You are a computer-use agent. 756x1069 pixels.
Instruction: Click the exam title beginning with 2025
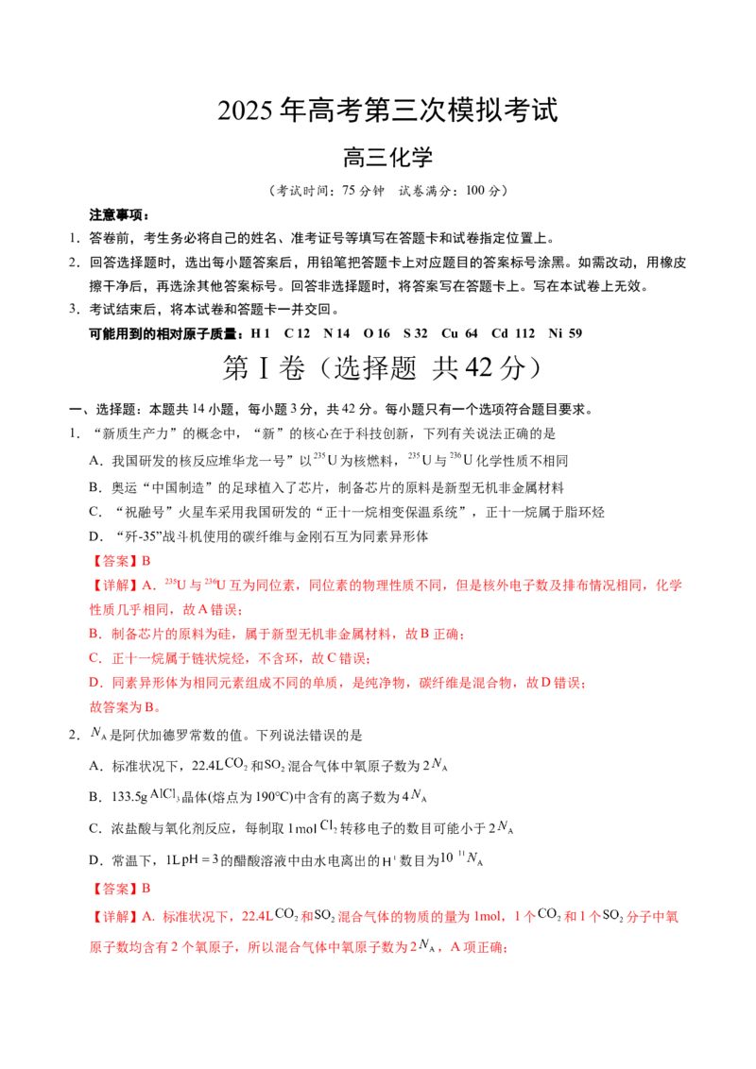click(387, 110)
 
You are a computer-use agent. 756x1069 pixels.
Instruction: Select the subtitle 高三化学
click(387, 158)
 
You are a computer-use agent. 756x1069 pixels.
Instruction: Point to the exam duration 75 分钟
click(363, 191)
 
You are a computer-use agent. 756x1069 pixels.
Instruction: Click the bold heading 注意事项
click(119, 215)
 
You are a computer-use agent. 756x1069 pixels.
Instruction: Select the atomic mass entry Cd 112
click(513, 333)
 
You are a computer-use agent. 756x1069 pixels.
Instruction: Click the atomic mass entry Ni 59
click(565, 333)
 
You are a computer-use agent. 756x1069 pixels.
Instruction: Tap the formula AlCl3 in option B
click(165, 795)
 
